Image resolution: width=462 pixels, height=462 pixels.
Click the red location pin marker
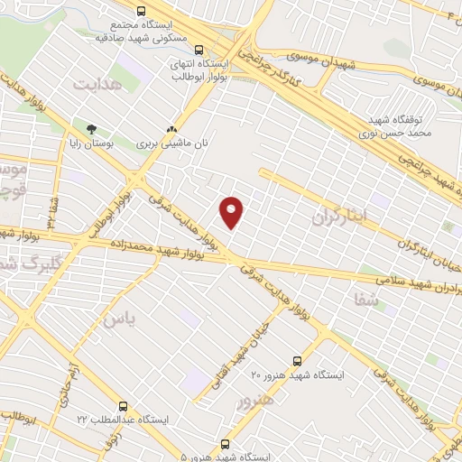(233, 211)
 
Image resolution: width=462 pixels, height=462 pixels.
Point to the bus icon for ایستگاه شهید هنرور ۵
(225, 443)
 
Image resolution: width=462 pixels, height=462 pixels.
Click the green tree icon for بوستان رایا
(90, 128)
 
